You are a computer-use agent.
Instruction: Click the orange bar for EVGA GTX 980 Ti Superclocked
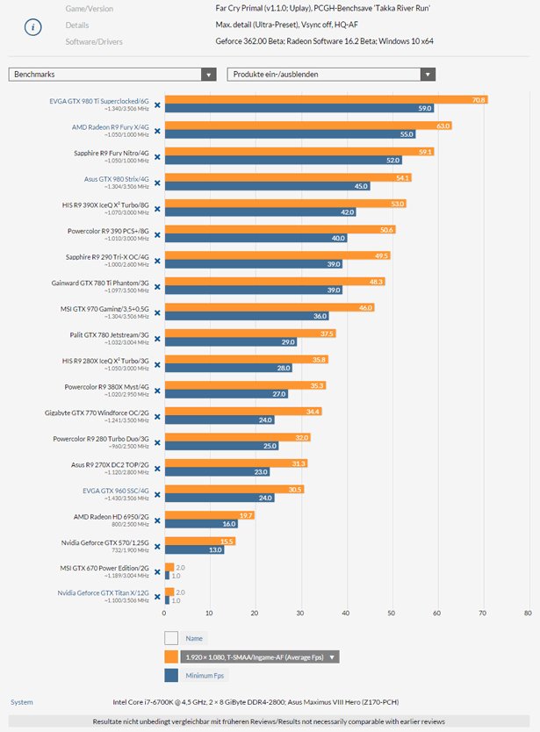pos(325,100)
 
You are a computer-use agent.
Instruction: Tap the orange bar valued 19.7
pos(209,515)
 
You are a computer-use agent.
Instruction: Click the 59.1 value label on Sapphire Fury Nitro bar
pos(426,152)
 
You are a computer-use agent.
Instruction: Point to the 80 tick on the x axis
pos(527,613)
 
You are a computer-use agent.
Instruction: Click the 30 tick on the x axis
pos(300,613)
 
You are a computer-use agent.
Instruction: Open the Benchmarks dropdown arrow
pos(208,75)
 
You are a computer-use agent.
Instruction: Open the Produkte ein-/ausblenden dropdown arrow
pos(427,75)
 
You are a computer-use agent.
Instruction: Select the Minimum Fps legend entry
pos(203,675)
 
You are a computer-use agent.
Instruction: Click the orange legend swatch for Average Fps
pos(171,657)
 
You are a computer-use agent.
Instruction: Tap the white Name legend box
pos(171,638)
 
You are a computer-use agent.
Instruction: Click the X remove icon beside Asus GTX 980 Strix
pos(157,183)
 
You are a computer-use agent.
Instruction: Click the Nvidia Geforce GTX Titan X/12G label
pos(102,593)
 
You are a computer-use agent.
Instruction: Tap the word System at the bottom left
pos(22,701)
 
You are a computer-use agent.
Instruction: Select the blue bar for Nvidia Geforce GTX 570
pos(194,549)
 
